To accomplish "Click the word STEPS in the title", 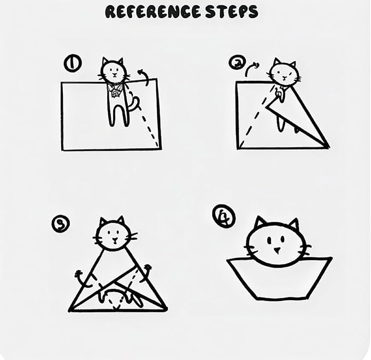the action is [232, 12].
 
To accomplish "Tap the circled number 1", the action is [73, 63].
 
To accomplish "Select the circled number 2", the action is [237, 62].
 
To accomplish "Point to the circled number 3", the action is [61, 223].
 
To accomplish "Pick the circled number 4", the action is [223, 216].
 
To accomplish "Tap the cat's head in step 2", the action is [284, 73].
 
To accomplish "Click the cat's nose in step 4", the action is [276, 250].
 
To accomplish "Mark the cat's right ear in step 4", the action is [294, 223].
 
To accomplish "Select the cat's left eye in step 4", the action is [269, 240].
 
